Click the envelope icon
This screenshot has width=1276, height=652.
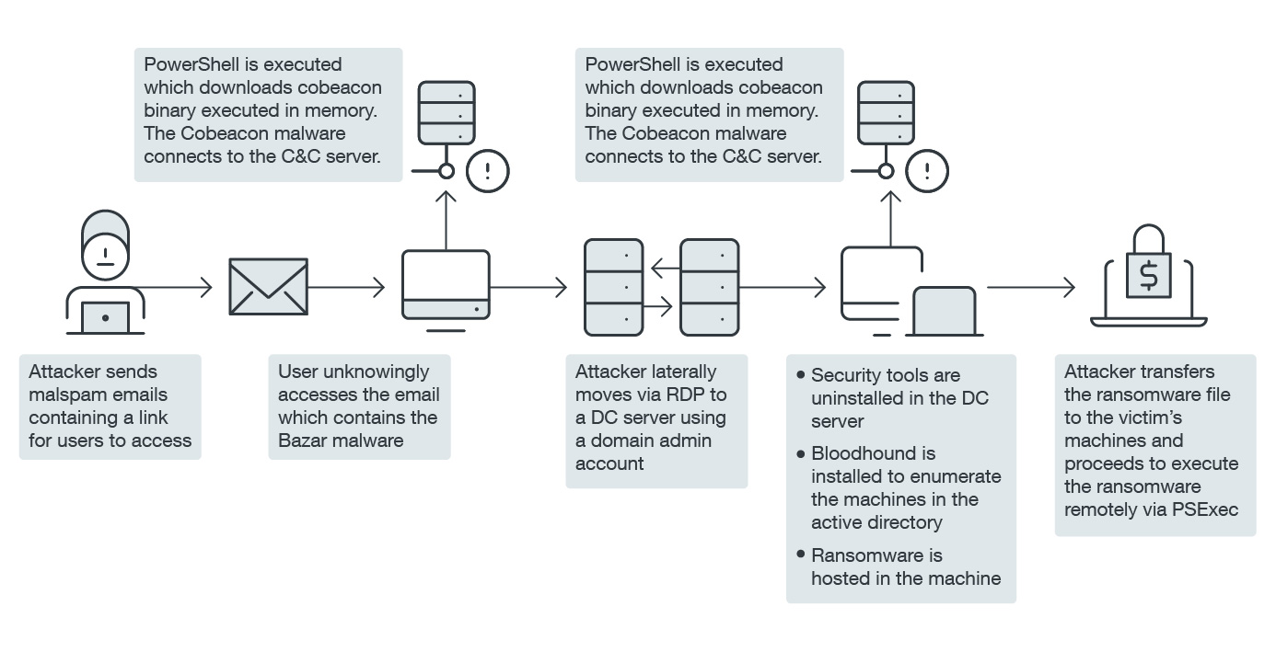click(x=268, y=288)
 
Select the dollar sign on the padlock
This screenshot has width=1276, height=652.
click(x=1148, y=275)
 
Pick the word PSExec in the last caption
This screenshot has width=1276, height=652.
click(x=1205, y=509)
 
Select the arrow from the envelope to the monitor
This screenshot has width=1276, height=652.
click(x=346, y=288)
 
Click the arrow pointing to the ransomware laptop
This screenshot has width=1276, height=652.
click(x=1031, y=288)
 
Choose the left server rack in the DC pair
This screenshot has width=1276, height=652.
click(x=614, y=287)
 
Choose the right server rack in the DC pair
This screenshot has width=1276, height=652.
click(x=709, y=287)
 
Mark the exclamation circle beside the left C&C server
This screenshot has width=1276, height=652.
click(x=488, y=170)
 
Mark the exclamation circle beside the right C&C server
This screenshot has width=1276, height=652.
click(x=928, y=170)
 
